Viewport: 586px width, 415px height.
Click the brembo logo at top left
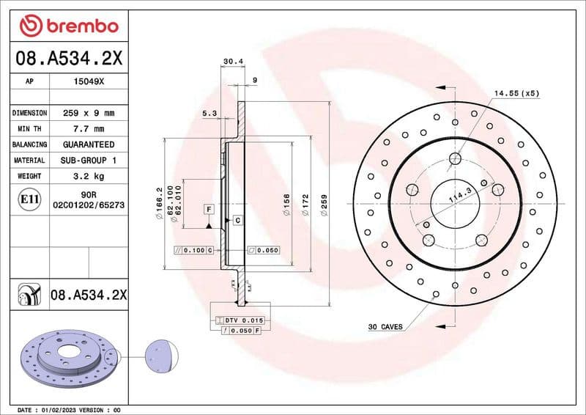tap(69, 26)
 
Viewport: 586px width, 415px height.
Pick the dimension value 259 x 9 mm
tap(89, 114)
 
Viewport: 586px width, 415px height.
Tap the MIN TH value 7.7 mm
tap(89, 129)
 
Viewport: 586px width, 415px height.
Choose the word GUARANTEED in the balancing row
tap(89, 144)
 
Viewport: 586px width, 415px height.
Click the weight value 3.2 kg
tap(89, 176)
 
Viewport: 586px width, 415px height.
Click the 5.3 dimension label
tap(208, 113)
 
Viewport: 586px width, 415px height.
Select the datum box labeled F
tap(209, 210)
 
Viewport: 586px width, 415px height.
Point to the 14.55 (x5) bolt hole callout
tap(516, 94)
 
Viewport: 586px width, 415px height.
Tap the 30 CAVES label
tap(385, 326)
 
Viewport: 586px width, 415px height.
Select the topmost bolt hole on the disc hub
tap(455, 158)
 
